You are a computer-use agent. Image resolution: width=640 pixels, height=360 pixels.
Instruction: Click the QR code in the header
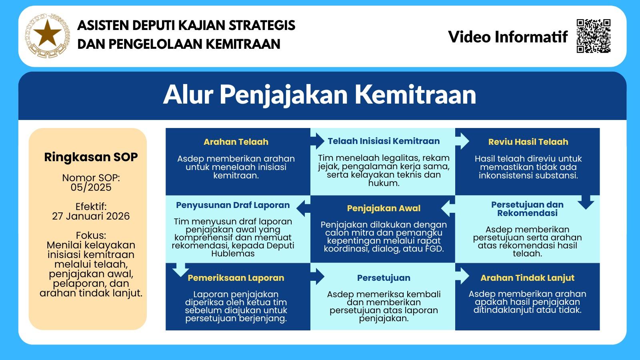(x=594, y=36)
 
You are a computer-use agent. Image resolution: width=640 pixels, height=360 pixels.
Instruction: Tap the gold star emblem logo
(x=47, y=36)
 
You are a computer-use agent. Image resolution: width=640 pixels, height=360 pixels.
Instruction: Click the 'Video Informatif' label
(x=508, y=37)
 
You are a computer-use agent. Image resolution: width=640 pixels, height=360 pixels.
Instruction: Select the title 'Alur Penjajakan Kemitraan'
(x=320, y=95)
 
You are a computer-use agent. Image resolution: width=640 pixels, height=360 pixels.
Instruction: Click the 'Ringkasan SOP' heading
(x=91, y=157)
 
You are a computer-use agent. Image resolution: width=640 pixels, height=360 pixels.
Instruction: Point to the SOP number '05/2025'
(x=91, y=188)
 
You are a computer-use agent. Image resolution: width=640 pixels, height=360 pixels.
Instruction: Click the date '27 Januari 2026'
(x=91, y=216)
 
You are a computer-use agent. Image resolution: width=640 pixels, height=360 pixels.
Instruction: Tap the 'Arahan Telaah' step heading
(x=236, y=142)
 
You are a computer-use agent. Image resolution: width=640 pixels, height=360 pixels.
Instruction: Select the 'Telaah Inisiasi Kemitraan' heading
(x=384, y=141)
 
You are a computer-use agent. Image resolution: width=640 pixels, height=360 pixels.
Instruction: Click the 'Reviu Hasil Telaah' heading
(x=528, y=142)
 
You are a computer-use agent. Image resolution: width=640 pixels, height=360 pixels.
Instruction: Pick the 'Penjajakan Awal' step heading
(x=384, y=208)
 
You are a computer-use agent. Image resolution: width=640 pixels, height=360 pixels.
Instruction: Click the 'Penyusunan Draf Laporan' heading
(x=233, y=205)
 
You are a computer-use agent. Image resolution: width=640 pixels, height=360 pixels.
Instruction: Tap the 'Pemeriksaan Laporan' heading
(x=236, y=278)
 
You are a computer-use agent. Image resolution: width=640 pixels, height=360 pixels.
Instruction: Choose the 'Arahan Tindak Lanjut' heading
(x=528, y=278)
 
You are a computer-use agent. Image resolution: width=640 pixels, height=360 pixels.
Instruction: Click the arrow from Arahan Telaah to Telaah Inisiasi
(x=318, y=141)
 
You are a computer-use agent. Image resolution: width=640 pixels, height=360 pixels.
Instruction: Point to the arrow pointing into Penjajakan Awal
(x=448, y=208)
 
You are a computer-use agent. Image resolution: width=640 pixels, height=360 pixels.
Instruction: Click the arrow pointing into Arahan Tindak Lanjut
(x=462, y=276)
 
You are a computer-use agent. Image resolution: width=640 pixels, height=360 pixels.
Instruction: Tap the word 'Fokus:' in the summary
(x=91, y=236)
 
